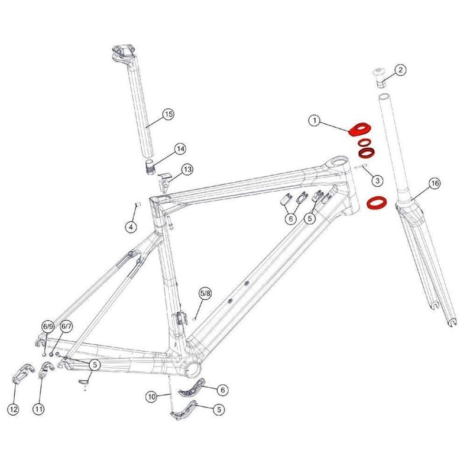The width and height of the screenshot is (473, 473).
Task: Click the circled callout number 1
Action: click(x=315, y=121)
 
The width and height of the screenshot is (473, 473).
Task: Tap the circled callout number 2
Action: click(x=400, y=70)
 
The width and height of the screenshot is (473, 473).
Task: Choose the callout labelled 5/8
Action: click(x=205, y=293)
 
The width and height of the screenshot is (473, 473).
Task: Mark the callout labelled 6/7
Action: click(x=66, y=326)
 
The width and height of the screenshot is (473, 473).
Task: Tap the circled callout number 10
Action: click(x=153, y=396)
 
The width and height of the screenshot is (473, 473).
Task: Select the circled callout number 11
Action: click(x=39, y=408)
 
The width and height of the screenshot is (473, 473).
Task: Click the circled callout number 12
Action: click(x=14, y=408)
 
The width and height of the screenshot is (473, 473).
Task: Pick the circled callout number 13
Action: click(x=187, y=170)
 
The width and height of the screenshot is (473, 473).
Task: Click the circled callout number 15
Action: click(x=168, y=114)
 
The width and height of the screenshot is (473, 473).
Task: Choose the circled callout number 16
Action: click(x=435, y=184)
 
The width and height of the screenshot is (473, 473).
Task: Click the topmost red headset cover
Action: click(x=358, y=129)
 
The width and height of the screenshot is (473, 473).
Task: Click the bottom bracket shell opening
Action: click(x=193, y=367)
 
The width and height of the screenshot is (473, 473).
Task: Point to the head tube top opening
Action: click(x=339, y=161)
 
